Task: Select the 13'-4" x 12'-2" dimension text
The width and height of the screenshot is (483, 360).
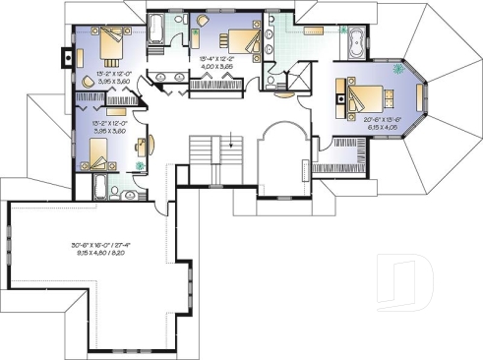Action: [218, 60]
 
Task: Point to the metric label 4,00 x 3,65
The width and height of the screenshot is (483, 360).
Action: [218, 68]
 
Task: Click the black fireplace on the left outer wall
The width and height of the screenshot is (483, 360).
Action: [67, 56]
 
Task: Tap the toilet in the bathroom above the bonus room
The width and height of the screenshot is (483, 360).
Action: [117, 183]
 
